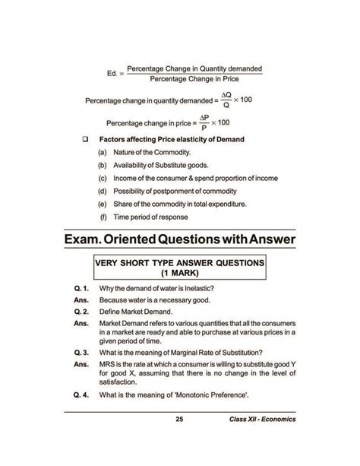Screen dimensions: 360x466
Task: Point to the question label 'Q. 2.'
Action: point(83,312)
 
